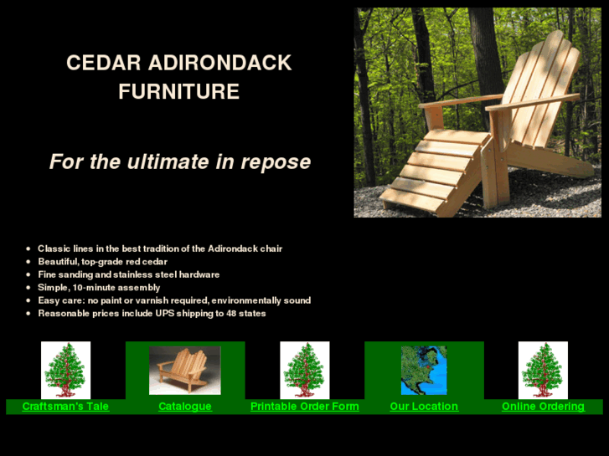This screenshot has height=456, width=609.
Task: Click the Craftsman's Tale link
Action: (65, 407)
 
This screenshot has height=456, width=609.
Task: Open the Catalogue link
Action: (185, 407)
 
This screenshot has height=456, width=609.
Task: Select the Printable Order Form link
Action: (304, 407)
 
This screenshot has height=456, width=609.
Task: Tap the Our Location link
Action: (424, 407)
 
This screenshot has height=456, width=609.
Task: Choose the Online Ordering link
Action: (543, 407)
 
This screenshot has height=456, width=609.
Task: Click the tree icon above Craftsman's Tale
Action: (65, 370)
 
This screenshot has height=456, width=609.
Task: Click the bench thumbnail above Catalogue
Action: (185, 370)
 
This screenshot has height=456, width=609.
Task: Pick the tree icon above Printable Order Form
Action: (304, 370)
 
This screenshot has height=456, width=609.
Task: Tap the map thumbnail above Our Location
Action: (424, 370)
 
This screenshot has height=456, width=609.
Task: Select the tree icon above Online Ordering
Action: (543, 370)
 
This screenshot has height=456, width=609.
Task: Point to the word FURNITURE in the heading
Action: (178, 91)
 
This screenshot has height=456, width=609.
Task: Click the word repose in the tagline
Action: (276, 161)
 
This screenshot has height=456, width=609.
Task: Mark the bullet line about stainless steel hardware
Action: (128, 274)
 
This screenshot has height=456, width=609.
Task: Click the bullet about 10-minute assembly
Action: (99, 287)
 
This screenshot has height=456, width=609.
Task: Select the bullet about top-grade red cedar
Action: (102, 262)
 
